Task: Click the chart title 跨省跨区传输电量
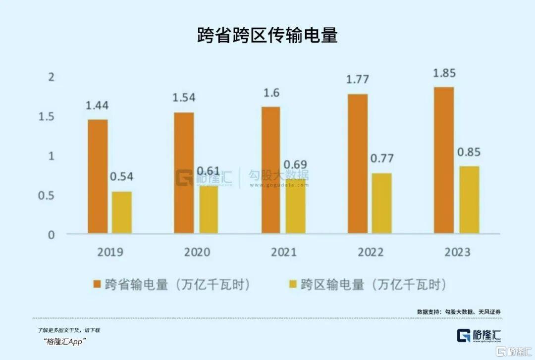(x=267, y=36)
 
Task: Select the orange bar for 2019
(x=98, y=176)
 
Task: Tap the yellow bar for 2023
(x=469, y=200)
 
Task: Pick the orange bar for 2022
(x=358, y=164)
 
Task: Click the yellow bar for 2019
(x=122, y=212)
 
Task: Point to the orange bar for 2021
(x=271, y=170)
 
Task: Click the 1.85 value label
(x=444, y=73)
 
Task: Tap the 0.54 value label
(x=121, y=177)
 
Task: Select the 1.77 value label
(x=358, y=80)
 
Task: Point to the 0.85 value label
(x=469, y=152)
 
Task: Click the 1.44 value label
(x=97, y=105)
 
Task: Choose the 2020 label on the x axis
(x=197, y=252)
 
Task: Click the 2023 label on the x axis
(x=458, y=252)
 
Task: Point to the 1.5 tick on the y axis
(x=47, y=117)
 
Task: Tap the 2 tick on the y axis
(x=51, y=77)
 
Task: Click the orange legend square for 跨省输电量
(x=97, y=284)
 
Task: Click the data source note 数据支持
(x=459, y=312)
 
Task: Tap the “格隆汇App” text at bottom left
(x=64, y=341)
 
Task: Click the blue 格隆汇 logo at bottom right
(x=479, y=336)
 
